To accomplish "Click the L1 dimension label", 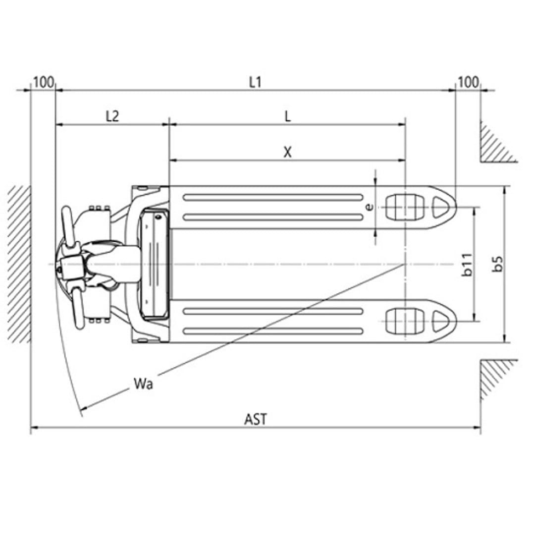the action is [x=255, y=82].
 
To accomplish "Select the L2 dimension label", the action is [x=112, y=116].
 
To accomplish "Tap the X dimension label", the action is [x=288, y=152].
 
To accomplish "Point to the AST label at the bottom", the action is [x=256, y=419].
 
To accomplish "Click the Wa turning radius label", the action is [x=143, y=384].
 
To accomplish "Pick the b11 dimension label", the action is [x=467, y=265].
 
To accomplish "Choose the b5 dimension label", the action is [x=498, y=264].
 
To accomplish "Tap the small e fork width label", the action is [x=369, y=207].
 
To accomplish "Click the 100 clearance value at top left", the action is [x=43, y=82].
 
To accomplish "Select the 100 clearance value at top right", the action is [x=468, y=82].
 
